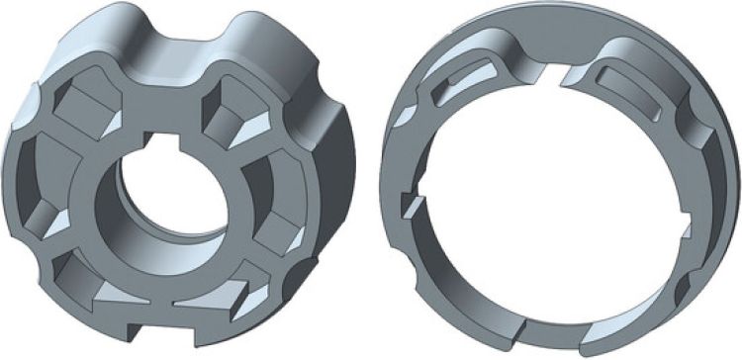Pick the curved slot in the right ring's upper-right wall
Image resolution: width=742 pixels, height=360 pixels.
(x=633, y=89)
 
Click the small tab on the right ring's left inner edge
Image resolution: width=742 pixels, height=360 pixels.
(x=411, y=204)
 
